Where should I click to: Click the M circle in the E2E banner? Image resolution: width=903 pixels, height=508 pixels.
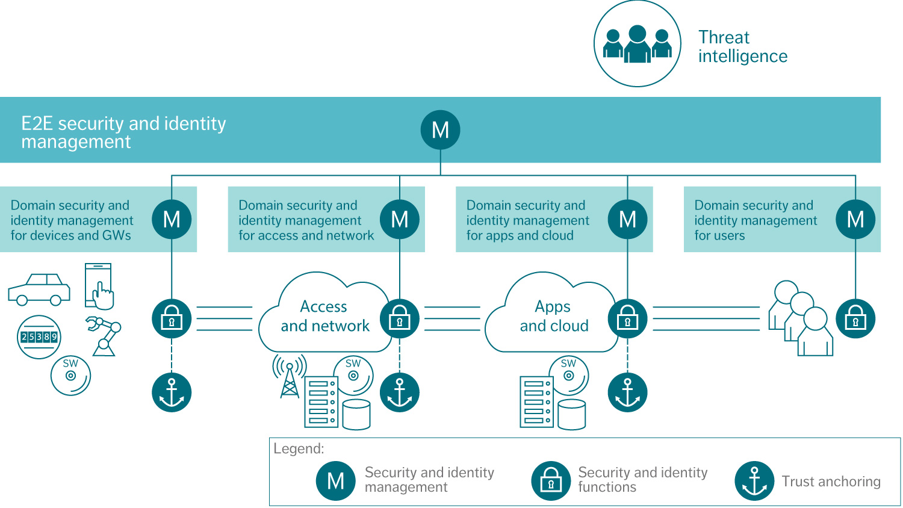440,130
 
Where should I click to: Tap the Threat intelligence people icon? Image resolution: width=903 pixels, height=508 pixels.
637,44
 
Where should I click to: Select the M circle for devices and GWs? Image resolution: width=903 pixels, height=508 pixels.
172,219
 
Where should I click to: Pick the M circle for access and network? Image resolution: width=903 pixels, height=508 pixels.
400,219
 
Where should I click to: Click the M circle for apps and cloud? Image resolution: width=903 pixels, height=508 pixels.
627,219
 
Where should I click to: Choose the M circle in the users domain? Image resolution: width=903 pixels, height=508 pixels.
855,219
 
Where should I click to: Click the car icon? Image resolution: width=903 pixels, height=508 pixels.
39,290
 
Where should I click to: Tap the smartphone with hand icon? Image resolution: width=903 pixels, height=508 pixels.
99,286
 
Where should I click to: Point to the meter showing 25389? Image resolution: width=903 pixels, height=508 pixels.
39,337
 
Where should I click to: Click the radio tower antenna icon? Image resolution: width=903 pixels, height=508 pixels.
290,376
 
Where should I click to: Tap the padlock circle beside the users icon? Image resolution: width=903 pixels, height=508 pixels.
855,318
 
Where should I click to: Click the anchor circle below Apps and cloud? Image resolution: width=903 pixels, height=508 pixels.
627,392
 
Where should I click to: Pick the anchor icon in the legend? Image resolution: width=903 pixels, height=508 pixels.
754,481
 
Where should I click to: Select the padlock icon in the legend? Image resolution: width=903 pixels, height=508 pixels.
551,481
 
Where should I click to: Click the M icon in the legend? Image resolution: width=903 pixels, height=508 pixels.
335,481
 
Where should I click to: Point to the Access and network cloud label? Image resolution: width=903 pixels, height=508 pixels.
325,317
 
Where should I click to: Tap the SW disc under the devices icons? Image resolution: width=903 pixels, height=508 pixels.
70,376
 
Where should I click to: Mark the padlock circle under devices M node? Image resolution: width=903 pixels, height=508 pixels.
172,318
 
